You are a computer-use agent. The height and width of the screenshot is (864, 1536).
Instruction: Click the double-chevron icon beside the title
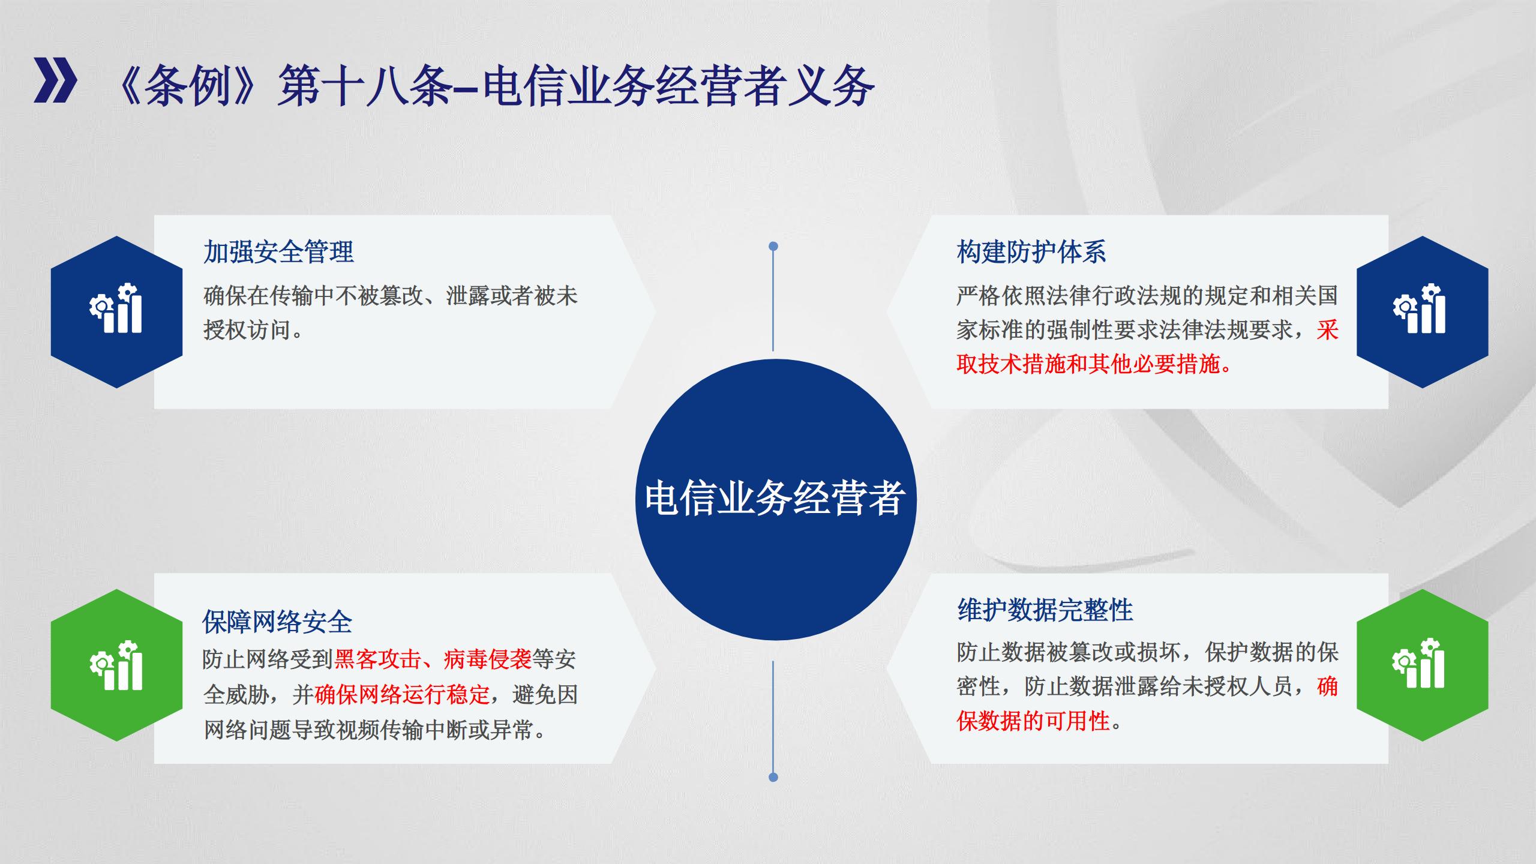click(x=55, y=80)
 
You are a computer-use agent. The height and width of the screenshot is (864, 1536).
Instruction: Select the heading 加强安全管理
click(x=278, y=252)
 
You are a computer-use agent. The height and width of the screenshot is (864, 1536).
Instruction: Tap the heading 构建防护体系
click(x=1031, y=252)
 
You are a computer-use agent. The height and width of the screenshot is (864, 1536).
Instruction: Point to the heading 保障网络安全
click(x=277, y=622)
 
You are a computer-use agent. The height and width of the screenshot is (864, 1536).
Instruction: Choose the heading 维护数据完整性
click(x=1045, y=610)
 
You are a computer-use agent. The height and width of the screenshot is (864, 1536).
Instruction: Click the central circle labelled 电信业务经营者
click(x=775, y=500)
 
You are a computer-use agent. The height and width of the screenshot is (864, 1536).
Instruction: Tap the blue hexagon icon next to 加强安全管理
click(x=116, y=312)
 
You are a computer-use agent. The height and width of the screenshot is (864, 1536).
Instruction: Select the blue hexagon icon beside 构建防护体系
click(x=1422, y=312)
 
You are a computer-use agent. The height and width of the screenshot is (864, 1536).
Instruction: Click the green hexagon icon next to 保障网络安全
click(x=116, y=665)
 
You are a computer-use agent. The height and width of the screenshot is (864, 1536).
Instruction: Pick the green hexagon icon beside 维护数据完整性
click(x=1422, y=665)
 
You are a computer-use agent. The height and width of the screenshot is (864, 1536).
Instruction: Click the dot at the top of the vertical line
click(x=773, y=246)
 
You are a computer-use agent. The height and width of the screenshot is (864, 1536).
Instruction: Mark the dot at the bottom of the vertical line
click(x=773, y=777)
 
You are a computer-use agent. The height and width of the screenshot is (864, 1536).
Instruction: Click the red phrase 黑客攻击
click(x=377, y=659)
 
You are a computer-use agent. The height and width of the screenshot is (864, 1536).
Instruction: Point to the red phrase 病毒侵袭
click(x=488, y=659)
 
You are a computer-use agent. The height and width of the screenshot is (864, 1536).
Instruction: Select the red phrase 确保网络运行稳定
click(x=402, y=695)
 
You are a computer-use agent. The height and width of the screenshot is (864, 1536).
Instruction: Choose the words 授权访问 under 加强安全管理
click(x=247, y=329)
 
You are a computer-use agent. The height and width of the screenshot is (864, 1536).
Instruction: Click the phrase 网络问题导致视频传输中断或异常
click(x=368, y=730)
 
